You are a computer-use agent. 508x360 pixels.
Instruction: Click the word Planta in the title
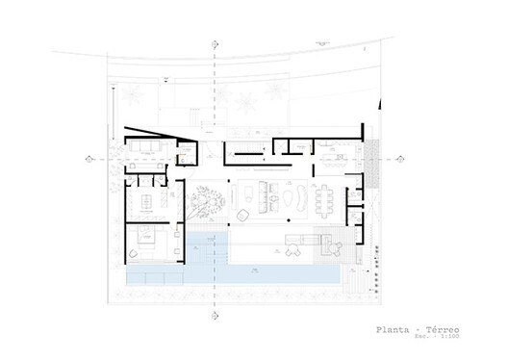point(394,330)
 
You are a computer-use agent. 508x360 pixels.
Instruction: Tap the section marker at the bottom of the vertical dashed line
point(213,314)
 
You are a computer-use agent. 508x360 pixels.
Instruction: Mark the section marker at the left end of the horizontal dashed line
point(89,158)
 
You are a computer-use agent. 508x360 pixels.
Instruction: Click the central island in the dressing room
point(148,200)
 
